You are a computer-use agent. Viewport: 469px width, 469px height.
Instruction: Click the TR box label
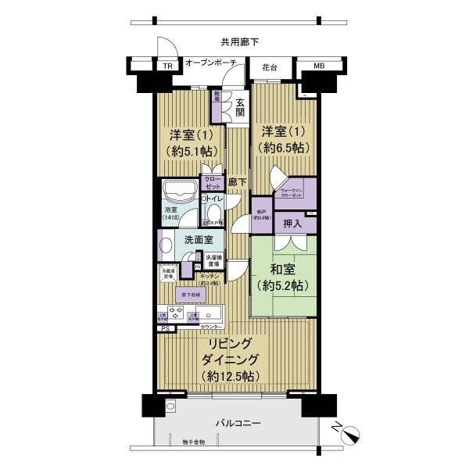coord(166,66)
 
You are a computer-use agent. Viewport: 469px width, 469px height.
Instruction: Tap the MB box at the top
coord(319,66)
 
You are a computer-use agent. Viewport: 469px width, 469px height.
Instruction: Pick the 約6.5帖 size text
coord(284,148)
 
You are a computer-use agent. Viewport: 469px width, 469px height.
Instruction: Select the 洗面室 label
coord(192,241)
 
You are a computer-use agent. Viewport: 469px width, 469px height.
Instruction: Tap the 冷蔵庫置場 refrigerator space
coord(168,273)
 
